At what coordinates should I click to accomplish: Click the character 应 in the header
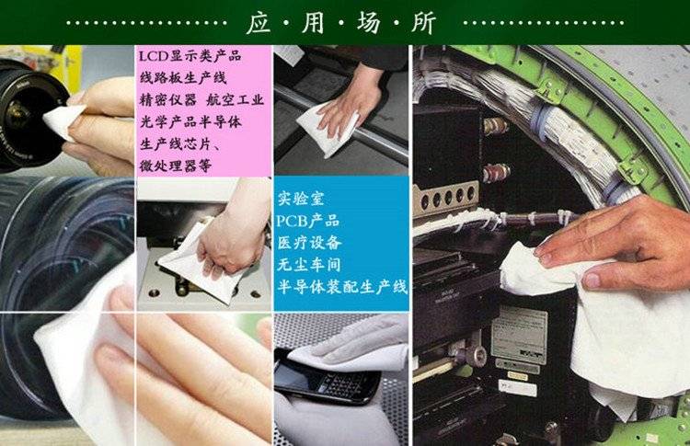click(259, 22)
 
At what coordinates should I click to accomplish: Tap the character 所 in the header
click(423, 22)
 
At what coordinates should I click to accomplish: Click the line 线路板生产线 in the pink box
click(183, 78)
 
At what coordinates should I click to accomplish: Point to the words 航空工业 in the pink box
click(235, 100)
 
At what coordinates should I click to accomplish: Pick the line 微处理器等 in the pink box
click(176, 166)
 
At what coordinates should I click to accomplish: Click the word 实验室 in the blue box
click(301, 199)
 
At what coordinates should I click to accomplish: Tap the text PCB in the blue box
click(292, 221)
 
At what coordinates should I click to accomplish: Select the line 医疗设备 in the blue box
click(309, 243)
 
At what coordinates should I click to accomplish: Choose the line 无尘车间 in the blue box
click(309, 264)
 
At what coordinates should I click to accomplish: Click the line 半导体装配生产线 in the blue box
click(342, 287)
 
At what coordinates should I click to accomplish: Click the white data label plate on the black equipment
click(519, 335)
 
